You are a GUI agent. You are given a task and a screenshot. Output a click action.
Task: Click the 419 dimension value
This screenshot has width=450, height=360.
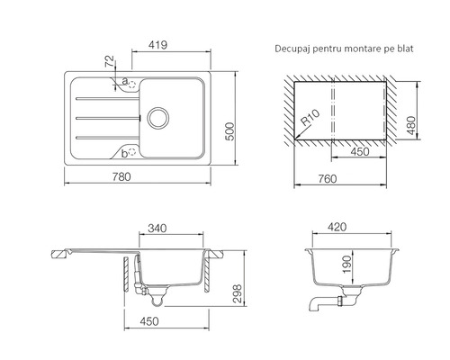point(157,45)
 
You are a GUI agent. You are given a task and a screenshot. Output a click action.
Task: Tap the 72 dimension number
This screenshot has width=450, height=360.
point(110,61)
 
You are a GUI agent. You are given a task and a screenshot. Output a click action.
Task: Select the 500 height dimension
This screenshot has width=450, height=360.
point(230,131)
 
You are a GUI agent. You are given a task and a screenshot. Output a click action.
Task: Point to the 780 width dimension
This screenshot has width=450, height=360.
point(121,176)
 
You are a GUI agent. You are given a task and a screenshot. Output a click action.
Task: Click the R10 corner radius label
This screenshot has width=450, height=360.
point(310,117)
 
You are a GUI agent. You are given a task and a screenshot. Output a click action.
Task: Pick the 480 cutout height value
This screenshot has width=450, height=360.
point(412,125)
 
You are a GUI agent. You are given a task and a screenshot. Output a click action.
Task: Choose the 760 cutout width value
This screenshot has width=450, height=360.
point(328,179)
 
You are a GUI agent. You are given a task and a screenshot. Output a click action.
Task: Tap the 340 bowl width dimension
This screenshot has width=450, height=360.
point(157,229)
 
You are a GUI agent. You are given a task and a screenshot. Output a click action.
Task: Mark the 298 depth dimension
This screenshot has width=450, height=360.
point(237,293)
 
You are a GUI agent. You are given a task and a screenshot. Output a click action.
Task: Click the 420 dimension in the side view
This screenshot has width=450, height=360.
point(337,227)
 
